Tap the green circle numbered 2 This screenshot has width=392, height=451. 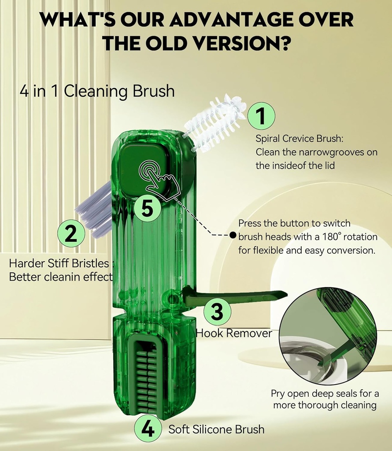[71, 234]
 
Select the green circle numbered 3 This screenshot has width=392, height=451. [217, 311]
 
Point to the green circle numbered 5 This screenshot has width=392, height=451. [147, 208]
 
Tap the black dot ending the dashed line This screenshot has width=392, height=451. [233, 235]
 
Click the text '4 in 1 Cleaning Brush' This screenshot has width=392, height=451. [97, 91]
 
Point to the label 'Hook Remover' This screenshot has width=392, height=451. [234, 333]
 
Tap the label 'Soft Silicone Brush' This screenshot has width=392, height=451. [216, 429]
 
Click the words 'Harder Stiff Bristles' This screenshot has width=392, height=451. [59, 263]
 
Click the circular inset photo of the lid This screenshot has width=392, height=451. [328, 334]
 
